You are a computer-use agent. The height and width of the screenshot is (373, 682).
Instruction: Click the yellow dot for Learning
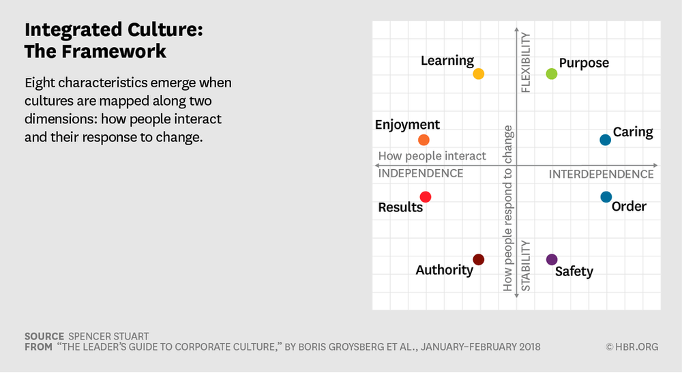tap(479, 74)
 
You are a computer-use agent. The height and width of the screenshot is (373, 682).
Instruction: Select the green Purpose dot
tap(552, 74)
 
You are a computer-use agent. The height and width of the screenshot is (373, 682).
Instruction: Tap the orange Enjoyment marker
tap(424, 140)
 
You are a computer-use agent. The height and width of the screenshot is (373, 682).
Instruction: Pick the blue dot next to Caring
tap(605, 140)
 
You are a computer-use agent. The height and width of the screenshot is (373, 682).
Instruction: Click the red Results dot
tap(425, 197)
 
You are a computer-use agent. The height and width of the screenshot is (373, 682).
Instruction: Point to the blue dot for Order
tap(606, 197)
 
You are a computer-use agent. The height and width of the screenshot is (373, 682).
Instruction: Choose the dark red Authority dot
tap(479, 260)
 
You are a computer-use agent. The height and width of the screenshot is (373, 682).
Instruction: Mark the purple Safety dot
tap(552, 260)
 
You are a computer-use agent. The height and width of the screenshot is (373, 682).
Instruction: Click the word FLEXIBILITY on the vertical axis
tap(526, 62)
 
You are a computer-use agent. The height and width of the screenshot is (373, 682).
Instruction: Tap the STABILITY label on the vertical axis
tap(526, 266)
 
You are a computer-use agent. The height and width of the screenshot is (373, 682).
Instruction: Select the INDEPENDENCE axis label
tap(421, 173)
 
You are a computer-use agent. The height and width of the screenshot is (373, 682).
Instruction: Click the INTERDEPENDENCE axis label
tap(601, 174)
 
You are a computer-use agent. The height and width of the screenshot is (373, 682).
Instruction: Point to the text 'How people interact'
tap(432, 156)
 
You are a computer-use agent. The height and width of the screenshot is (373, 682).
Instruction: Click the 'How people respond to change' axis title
tap(507, 208)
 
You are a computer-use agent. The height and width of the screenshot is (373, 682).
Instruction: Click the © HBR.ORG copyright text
tap(632, 347)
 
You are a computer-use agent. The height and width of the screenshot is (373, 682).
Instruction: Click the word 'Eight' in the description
tap(40, 83)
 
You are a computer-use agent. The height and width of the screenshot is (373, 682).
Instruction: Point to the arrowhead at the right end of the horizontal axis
tap(655, 165)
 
